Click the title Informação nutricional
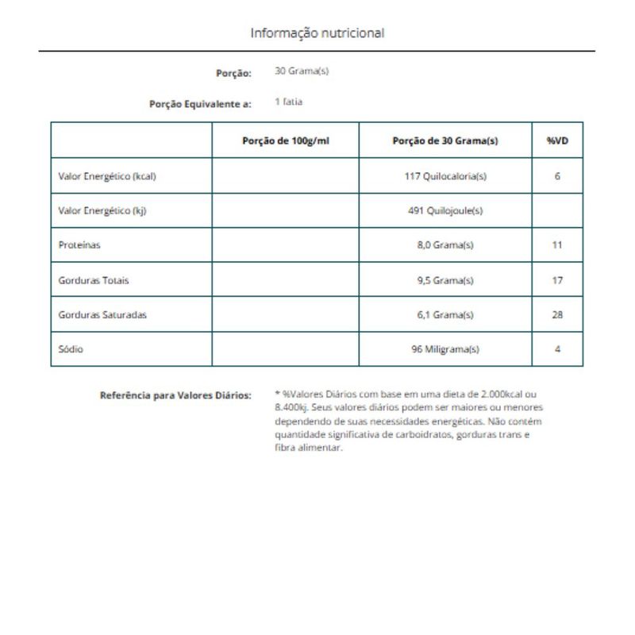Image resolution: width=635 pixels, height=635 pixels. click(x=317, y=33)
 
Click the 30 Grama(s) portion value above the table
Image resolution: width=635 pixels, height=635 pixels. click(x=302, y=71)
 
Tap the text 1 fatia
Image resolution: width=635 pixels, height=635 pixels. click(x=288, y=102)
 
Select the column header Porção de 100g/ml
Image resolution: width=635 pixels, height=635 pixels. click(x=285, y=140)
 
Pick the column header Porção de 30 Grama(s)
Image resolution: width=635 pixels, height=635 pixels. click(x=445, y=140)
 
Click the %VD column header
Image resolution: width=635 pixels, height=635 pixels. click(x=557, y=140)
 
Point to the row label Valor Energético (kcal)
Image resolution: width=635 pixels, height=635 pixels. click(x=107, y=176)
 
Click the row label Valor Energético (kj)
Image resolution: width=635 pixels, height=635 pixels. click(x=103, y=211)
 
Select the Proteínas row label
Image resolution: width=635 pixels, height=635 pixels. click(x=79, y=245)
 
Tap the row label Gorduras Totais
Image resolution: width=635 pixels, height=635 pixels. click(x=94, y=280)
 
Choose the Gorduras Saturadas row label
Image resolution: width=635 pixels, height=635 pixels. click(x=102, y=314)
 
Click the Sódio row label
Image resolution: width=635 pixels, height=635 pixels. click(x=71, y=349)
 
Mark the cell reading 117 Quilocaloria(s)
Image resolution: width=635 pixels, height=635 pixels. click(x=445, y=176)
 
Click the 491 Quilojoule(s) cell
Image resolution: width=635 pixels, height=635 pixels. click(x=445, y=211)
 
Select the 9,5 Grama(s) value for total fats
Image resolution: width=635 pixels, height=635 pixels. click(x=445, y=280)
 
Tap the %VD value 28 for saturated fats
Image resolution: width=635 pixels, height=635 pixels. click(x=557, y=314)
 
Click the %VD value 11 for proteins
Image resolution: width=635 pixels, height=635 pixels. click(x=557, y=245)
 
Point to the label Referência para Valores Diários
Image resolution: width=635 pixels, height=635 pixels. click(x=175, y=395)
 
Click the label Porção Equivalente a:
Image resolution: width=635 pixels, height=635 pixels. click(x=200, y=103)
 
